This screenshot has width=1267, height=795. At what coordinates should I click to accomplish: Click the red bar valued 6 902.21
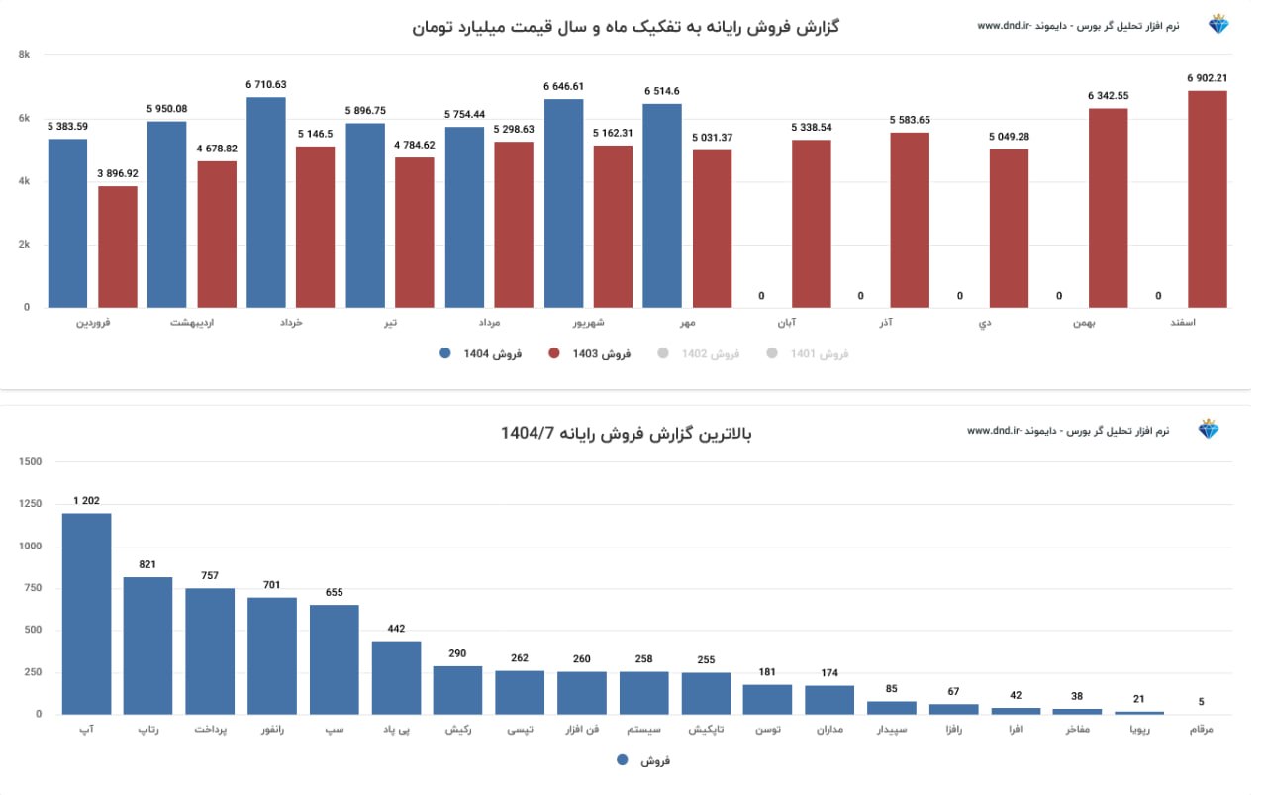pyautogui.click(x=1207, y=199)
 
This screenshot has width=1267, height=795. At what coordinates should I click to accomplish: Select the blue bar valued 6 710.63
pyautogui.click(x=265, y=202)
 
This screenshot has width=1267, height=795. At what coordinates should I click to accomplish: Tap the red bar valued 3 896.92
pyautogui.click(x=118, y=247)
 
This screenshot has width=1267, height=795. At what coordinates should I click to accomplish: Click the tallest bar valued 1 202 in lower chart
pyautogui.click(x=86, y=613)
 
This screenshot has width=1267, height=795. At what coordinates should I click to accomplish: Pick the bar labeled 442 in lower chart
pyautogui.click(x=396, y=677)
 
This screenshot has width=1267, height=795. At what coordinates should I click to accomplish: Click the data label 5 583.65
pyautogui.click(x=910, y=120)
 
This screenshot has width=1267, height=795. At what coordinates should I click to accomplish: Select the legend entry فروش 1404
pyautogui.click(x=482, y=353)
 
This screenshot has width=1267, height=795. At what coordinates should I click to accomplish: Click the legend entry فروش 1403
pyautogui.click(x=591, y=353)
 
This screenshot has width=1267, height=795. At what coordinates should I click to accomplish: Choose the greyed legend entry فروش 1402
pyautogui.click(x=700, y=353)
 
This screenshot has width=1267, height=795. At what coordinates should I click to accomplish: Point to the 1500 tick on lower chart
pyautogui.click(x=30, y=462)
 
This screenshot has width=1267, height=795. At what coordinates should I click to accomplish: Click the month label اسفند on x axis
pyautogui.click(x=1211, y=323)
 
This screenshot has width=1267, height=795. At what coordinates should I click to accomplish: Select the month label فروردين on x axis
pyautogui.click(x=93, y=323)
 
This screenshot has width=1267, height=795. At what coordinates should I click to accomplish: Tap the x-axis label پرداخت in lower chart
pyautogui.click(x=210, y=730)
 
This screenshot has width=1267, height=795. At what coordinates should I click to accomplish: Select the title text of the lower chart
pyautogui.click(x=627, y=433)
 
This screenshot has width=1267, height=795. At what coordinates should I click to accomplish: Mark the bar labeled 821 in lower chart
pyautogui.click(x=147, y=645)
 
